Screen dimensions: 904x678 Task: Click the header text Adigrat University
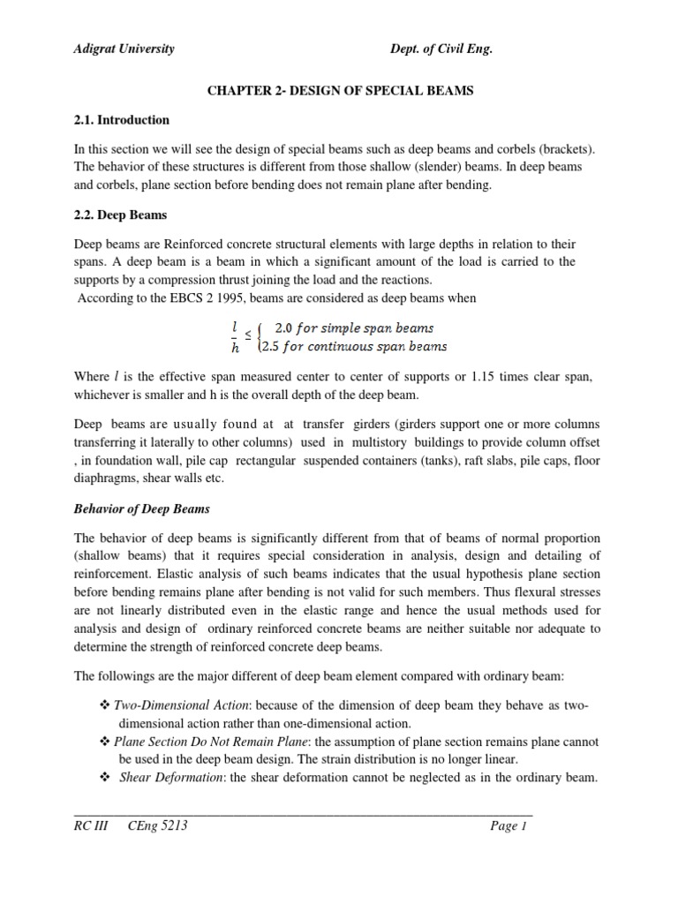point(124,49)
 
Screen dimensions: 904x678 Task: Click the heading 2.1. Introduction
point(122,120)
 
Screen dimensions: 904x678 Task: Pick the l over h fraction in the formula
point(234,335)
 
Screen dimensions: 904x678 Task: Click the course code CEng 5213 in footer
point(158,826)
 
